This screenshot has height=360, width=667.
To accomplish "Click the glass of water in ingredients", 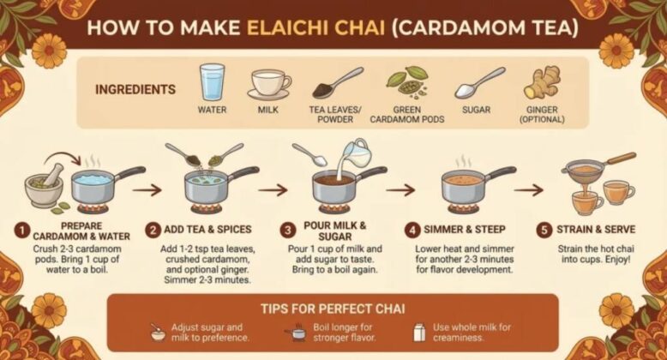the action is [x=212, y=82].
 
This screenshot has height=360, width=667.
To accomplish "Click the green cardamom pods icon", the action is [x=406, y=81].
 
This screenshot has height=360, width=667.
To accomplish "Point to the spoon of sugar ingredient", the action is [x=479, y=83].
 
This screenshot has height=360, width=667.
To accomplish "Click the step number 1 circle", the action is [x=21, y=231].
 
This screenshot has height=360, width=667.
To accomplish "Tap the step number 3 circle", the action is [x=287, y=231].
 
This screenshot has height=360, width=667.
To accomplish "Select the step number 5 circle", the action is [x=544, y=231].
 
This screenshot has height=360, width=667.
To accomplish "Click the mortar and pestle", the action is [x=45, y=185].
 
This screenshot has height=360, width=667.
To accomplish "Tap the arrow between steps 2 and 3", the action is [x=273, y=189].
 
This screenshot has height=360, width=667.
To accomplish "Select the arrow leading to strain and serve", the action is [x=529, y=189].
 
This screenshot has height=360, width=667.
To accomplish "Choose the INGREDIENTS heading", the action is [x=135, y=89].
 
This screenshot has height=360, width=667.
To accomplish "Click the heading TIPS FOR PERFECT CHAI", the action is [x=333, y=309].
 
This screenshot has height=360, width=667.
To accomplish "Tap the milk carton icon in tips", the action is [x=419, y=332].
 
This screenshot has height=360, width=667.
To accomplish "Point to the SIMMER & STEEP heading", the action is [x=465, y=230].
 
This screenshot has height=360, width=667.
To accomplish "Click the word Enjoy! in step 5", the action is [x=616, y=259].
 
